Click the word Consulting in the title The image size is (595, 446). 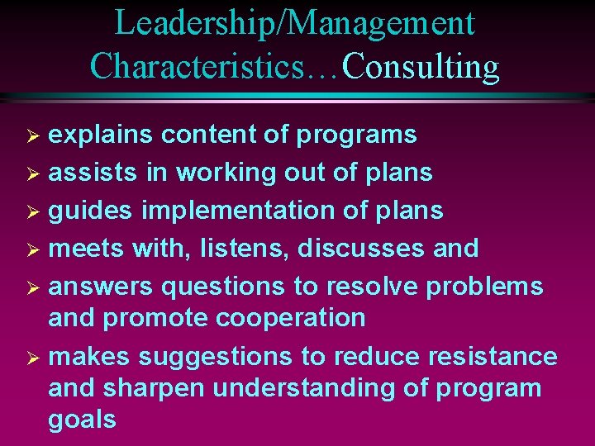(421, 66)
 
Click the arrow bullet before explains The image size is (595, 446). (35, 135)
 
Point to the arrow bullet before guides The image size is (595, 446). (35, 211)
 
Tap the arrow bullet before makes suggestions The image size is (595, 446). (35, 358)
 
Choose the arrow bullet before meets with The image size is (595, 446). (35, 249)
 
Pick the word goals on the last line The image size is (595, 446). (82, 420)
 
